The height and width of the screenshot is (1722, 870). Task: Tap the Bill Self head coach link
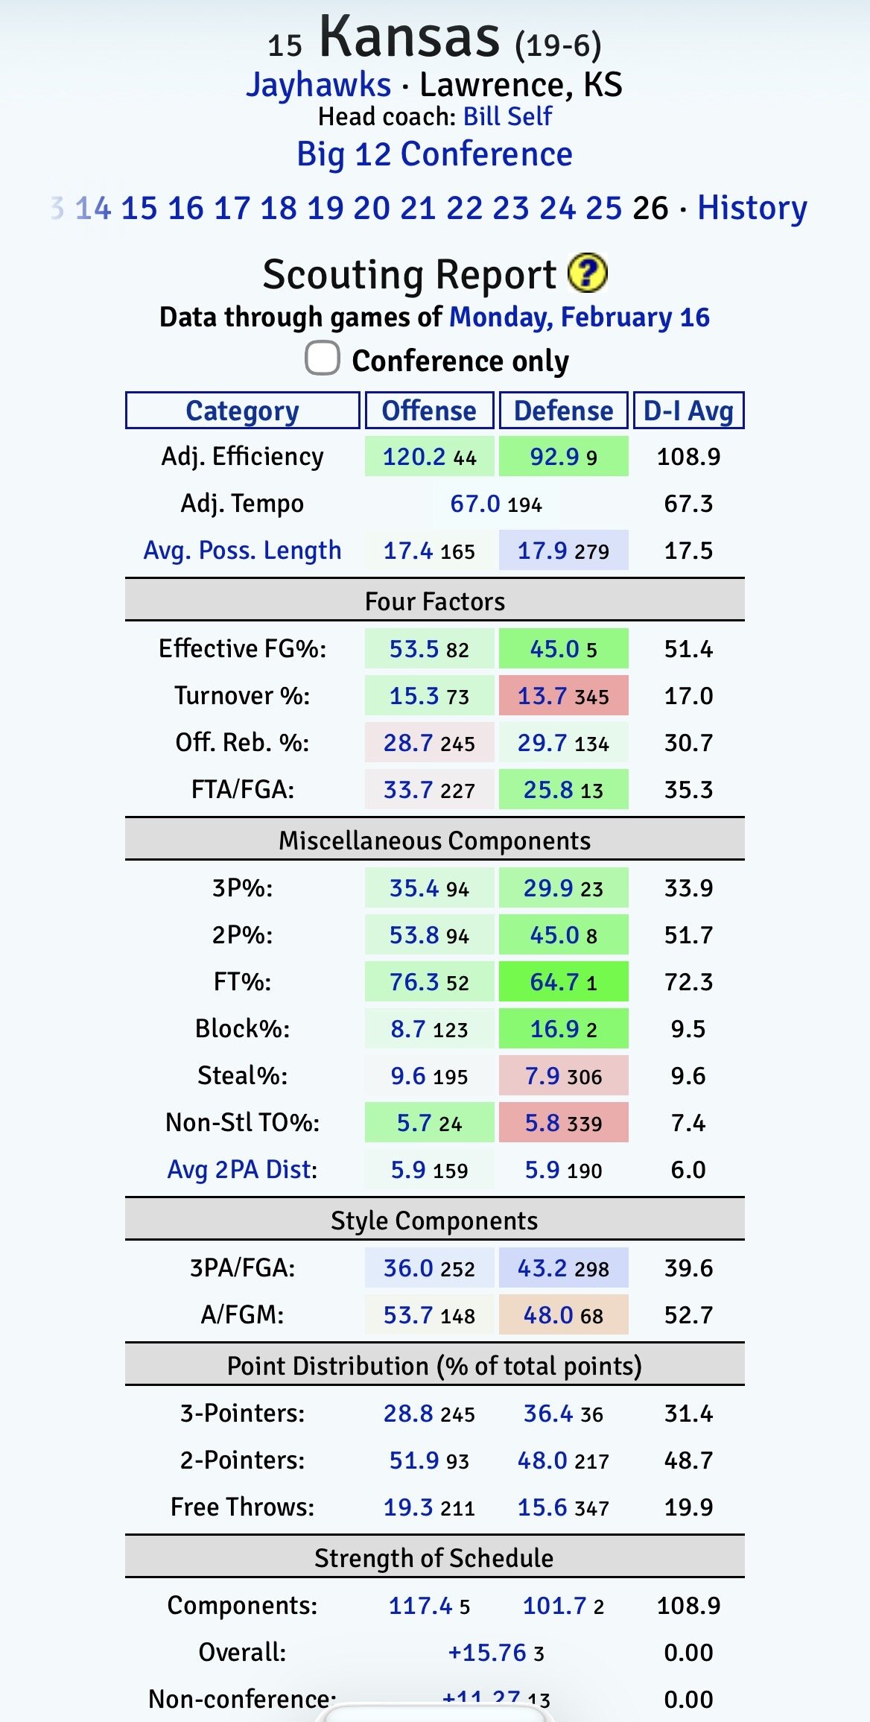[507, 116]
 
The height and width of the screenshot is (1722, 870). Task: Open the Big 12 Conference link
[434, 154]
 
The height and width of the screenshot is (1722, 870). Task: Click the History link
[752, 208]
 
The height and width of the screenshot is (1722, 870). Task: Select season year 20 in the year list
[372, 208]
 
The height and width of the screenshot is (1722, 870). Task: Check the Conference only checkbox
[323, 358]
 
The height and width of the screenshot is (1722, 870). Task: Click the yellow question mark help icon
[587, 273]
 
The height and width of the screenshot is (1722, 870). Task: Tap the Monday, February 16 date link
[579, 317]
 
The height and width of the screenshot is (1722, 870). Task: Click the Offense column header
[429, 411]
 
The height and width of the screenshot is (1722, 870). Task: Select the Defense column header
[563, 411]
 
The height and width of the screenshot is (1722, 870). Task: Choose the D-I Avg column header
[688, 411]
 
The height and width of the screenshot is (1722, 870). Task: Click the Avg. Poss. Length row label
[242, 551]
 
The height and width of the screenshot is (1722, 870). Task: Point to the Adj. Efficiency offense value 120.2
[413, 457]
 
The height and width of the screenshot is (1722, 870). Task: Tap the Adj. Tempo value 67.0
[475, 504]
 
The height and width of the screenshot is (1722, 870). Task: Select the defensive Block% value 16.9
[554, 1029]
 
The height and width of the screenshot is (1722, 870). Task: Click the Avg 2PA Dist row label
[242, 1170]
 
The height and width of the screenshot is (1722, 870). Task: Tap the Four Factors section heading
[434, 601]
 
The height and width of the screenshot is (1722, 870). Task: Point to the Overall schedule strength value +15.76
[487, 1653]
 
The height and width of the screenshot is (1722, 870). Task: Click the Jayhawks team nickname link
[318, 85]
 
